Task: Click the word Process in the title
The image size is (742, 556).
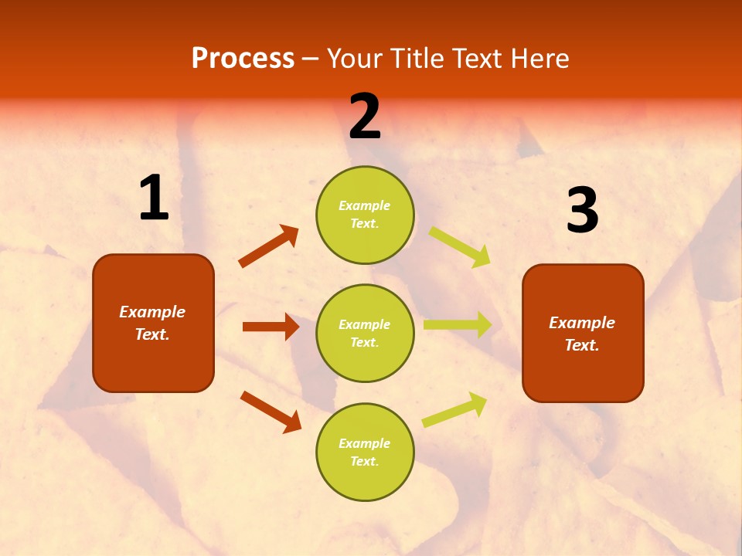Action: pyautogui.click(x=243, y=59)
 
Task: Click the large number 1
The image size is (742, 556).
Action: pyautogui.click(x=154, y=198)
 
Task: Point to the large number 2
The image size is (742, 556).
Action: pyautogui.click(x=365, y=117)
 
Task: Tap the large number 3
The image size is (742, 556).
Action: pyautogui.click(x=582, y=211)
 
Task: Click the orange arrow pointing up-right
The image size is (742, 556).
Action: pyautogui.click(x=268, y=246)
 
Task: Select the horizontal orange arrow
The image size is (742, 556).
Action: pyautogui.click(x=271, y=327)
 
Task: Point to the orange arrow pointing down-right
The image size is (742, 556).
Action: pyautogui.click(x=271, y=411)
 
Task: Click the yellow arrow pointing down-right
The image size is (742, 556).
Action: pyautogui.click(x=460, y=247)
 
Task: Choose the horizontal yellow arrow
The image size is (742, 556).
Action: pyautogui.click(x=458, y=325)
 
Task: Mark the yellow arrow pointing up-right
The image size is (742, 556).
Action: pyautogui.click(x=455, y=409)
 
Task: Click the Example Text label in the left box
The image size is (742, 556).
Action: pyautogui.click(x=152, y=323)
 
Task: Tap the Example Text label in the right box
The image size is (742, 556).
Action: pyautogui.click(x=582, y=334)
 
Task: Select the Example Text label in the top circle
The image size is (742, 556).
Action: pyautogui.click(x=365, y=215)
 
